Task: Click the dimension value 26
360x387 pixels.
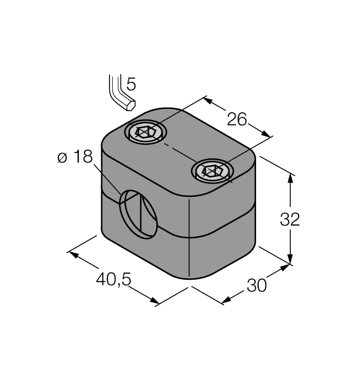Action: click(x=236, y=118)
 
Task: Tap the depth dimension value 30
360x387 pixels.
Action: click(x=257, y=285)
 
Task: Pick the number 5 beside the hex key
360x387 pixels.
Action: click(x=131, y=85)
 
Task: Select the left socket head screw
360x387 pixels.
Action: click(x=144, y=133)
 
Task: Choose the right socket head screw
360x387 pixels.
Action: click(x=212, y=171)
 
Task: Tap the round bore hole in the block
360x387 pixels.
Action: click(x=140, y=213)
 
